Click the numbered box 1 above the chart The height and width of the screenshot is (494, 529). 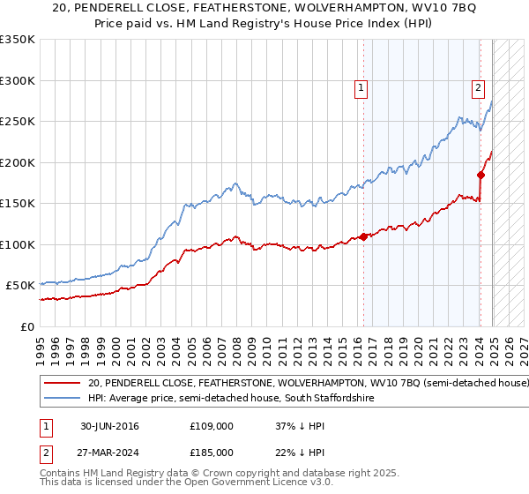pyautogui.click(x=361, y=87)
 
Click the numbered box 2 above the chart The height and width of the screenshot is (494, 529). pyautogui.click(x=477, y=87)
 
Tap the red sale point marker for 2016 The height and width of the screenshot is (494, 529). pyautogui.click(x=363, y=236)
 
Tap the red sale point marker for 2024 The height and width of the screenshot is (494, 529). pyautogui.click(x=481, y=175)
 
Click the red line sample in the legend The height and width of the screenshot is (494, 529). pyautogui.click(x=62, y=384)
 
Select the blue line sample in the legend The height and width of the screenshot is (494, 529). pyautogui.click(x=62, y=399)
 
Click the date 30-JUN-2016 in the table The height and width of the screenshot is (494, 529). pyautogui.click(x=109, y=426)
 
